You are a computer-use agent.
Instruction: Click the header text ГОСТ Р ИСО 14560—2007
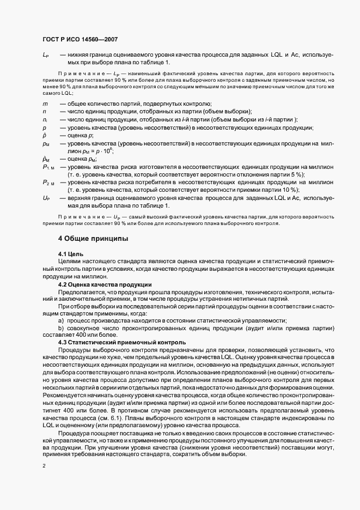80,39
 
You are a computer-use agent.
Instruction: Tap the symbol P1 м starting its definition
48,166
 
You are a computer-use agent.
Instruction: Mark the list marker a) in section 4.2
61,321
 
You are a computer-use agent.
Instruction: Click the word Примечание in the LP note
82,73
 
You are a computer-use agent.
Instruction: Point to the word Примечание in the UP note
82,217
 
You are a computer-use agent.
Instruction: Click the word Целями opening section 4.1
70,262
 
